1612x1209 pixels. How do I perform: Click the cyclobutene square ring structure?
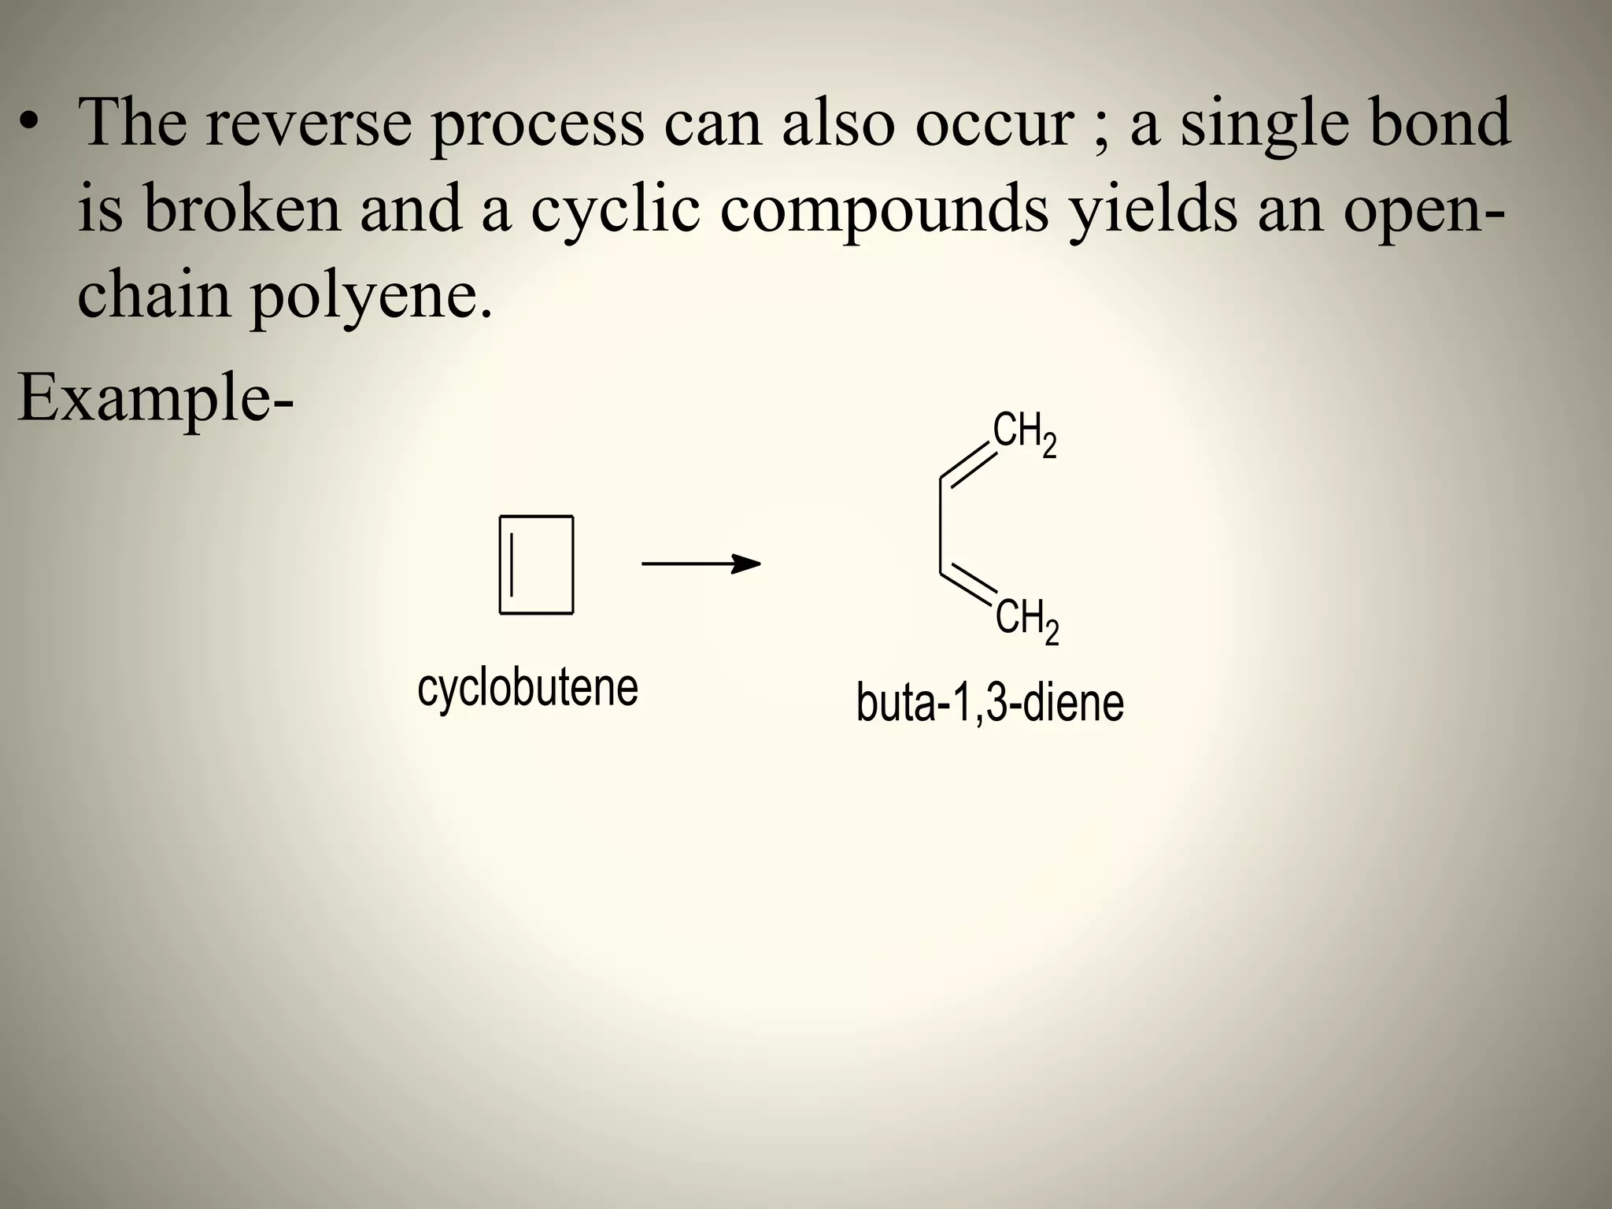pyautogui.click(x=536, y=564)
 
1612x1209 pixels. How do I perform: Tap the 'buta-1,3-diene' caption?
pyautogui.click(x=989, y=703)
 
